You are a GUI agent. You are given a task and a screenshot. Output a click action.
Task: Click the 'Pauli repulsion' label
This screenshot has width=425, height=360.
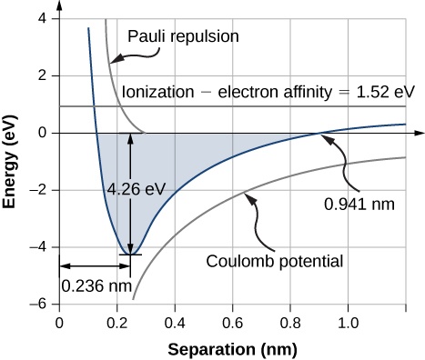click(x=184, y=37)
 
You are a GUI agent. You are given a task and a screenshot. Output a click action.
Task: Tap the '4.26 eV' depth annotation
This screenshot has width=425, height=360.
click(x=136, y=190)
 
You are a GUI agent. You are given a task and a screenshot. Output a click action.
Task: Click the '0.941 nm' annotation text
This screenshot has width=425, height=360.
click(x=361, y=205)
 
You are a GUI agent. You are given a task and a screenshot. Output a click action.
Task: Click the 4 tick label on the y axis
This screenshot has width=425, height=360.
click(x=42, y=20)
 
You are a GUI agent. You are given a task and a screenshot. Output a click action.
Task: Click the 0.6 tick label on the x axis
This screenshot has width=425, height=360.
click(x=232, y=322)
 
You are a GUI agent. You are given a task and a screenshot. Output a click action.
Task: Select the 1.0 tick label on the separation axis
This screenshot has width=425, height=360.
click(x=348, y=322)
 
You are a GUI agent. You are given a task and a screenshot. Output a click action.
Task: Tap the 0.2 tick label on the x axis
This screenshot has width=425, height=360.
click(x=117, y=322)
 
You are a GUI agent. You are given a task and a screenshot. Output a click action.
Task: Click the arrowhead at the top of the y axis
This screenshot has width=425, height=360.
click(x=59, y=8)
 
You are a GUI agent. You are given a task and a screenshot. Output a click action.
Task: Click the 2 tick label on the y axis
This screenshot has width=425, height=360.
click(x=42, y=77)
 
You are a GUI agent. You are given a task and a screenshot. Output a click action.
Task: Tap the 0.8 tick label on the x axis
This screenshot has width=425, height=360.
click(x=290, y=322)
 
